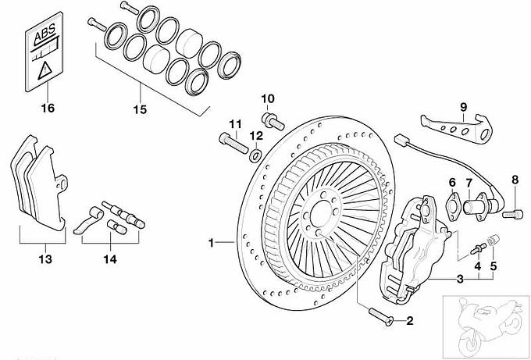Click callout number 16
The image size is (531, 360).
pyautogui.click(x=48, y=108)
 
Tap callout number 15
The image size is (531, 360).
pyautogui.click(x=140, y=109)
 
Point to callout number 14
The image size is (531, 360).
pyautogui.click(x=109, y=257)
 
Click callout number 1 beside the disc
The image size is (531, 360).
pyautogui.click(x=210, y=244)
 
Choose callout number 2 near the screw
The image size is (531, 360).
pyautogui.click(x=408, y=320)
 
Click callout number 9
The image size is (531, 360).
pyautogui.click(x=463, y=106)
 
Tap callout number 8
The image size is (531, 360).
pyautogui.click(x=515, y=180)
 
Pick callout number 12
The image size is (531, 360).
pyautogui.click(x=256, y=136)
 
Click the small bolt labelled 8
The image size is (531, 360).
pyautogui.click(x=512, y=212)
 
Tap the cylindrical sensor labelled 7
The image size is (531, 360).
pyautogui.click(x=476, y=209)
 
